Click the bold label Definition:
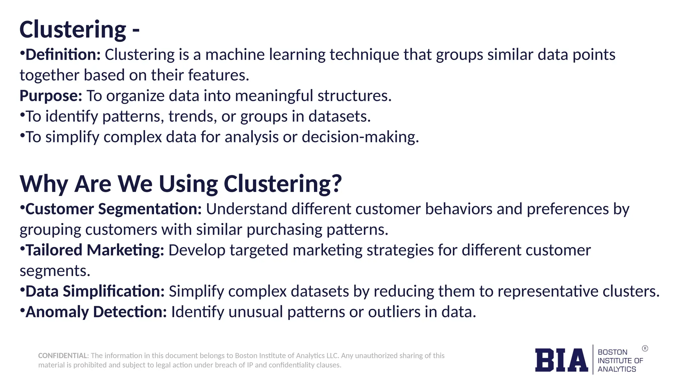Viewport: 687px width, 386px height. (63, 55)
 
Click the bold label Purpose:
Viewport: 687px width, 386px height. (51, 96)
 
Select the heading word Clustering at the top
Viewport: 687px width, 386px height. (73, 29)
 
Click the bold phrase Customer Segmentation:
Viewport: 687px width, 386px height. (113, 209)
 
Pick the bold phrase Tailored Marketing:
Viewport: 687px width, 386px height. (95, 250)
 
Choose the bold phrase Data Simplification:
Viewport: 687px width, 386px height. (95, 291)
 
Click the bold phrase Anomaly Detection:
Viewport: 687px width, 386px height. (96, 312)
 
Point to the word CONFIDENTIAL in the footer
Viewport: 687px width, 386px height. (63, 356)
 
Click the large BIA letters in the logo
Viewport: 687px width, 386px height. (561, 360)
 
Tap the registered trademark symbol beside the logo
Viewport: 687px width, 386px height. (645, 348)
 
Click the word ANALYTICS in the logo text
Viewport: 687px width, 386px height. (617, 369)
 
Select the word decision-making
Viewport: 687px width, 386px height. (360, 137)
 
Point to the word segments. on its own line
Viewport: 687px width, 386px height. (55, 271)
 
